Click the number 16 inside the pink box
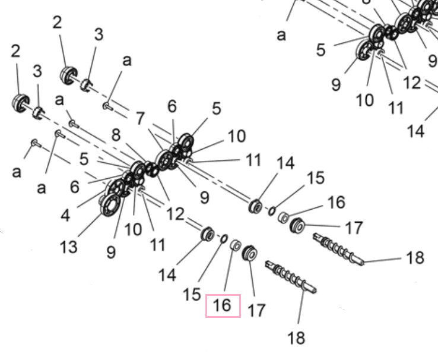tap(223, 305)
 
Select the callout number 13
tap(68, 247)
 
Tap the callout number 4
tap(65, 216)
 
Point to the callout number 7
tap(141, 118)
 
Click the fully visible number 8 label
tap(116, 135)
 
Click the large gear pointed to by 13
tap(110, 204)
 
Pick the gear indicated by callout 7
tap(164, 160)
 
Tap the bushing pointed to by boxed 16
tap(236, 245)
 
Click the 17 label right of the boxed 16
tap(256, 310)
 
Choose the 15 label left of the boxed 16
tap(192, 294)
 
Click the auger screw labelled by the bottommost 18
tap(290, 276)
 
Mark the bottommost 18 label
tap(296, 337)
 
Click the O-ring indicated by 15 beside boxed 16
tap(224, 238)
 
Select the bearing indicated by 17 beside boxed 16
tap(249, 253)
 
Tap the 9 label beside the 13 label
tap(111, 252)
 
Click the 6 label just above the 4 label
tap(75, 187)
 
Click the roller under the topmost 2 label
tap(68, 75)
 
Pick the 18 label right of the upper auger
tap(415, 257)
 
